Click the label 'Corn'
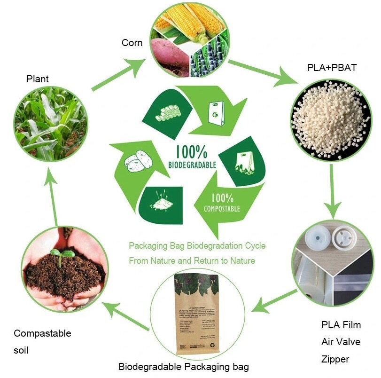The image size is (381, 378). pyautogui.click(x=132, y=43)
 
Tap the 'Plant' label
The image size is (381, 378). pyautogui.click(x=37, y=79)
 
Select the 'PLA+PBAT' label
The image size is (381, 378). pyautogui.click(x=332, y=68)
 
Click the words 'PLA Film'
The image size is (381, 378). pyautogui.click(x=341, y=325)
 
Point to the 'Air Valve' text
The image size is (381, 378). pyautogui.click(x=341, y=342)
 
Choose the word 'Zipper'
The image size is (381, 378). pyautogui.click(x=335, y=359)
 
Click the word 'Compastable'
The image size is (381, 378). pyautogui.click(x=42, y=333)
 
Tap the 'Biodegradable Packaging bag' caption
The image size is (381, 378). pyautogui.click(x=183, y=367)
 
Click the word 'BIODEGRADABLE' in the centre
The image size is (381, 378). pyautogui.click(x=192, y=165)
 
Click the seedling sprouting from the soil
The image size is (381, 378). pyautogui.click(x=62, y=255)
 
